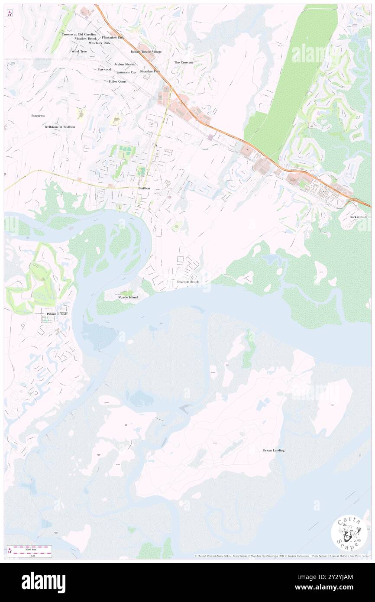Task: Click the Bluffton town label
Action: click(x=144, y=188)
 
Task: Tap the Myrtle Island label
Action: click(x=128, y=297)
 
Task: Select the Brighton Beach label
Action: click(x=187, y=282)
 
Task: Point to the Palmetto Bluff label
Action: click(x=57, y=314)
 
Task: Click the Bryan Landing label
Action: click(x=274, y=450)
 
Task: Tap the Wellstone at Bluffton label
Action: click(x=60, y=127)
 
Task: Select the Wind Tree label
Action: click(x=79, y=51)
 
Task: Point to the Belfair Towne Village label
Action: click(x=146, y=52)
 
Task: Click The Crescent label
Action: click(x=184, y=62)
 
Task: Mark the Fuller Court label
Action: click(x=117, y=81)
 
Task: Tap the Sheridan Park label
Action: click(x=150, y=71)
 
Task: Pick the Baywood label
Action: click(x=104, y=69)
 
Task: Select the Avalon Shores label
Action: click(x=125, y=64)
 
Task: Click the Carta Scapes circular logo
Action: click(x=349, y=532)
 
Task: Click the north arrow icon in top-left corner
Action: click(x=10, y=13)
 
